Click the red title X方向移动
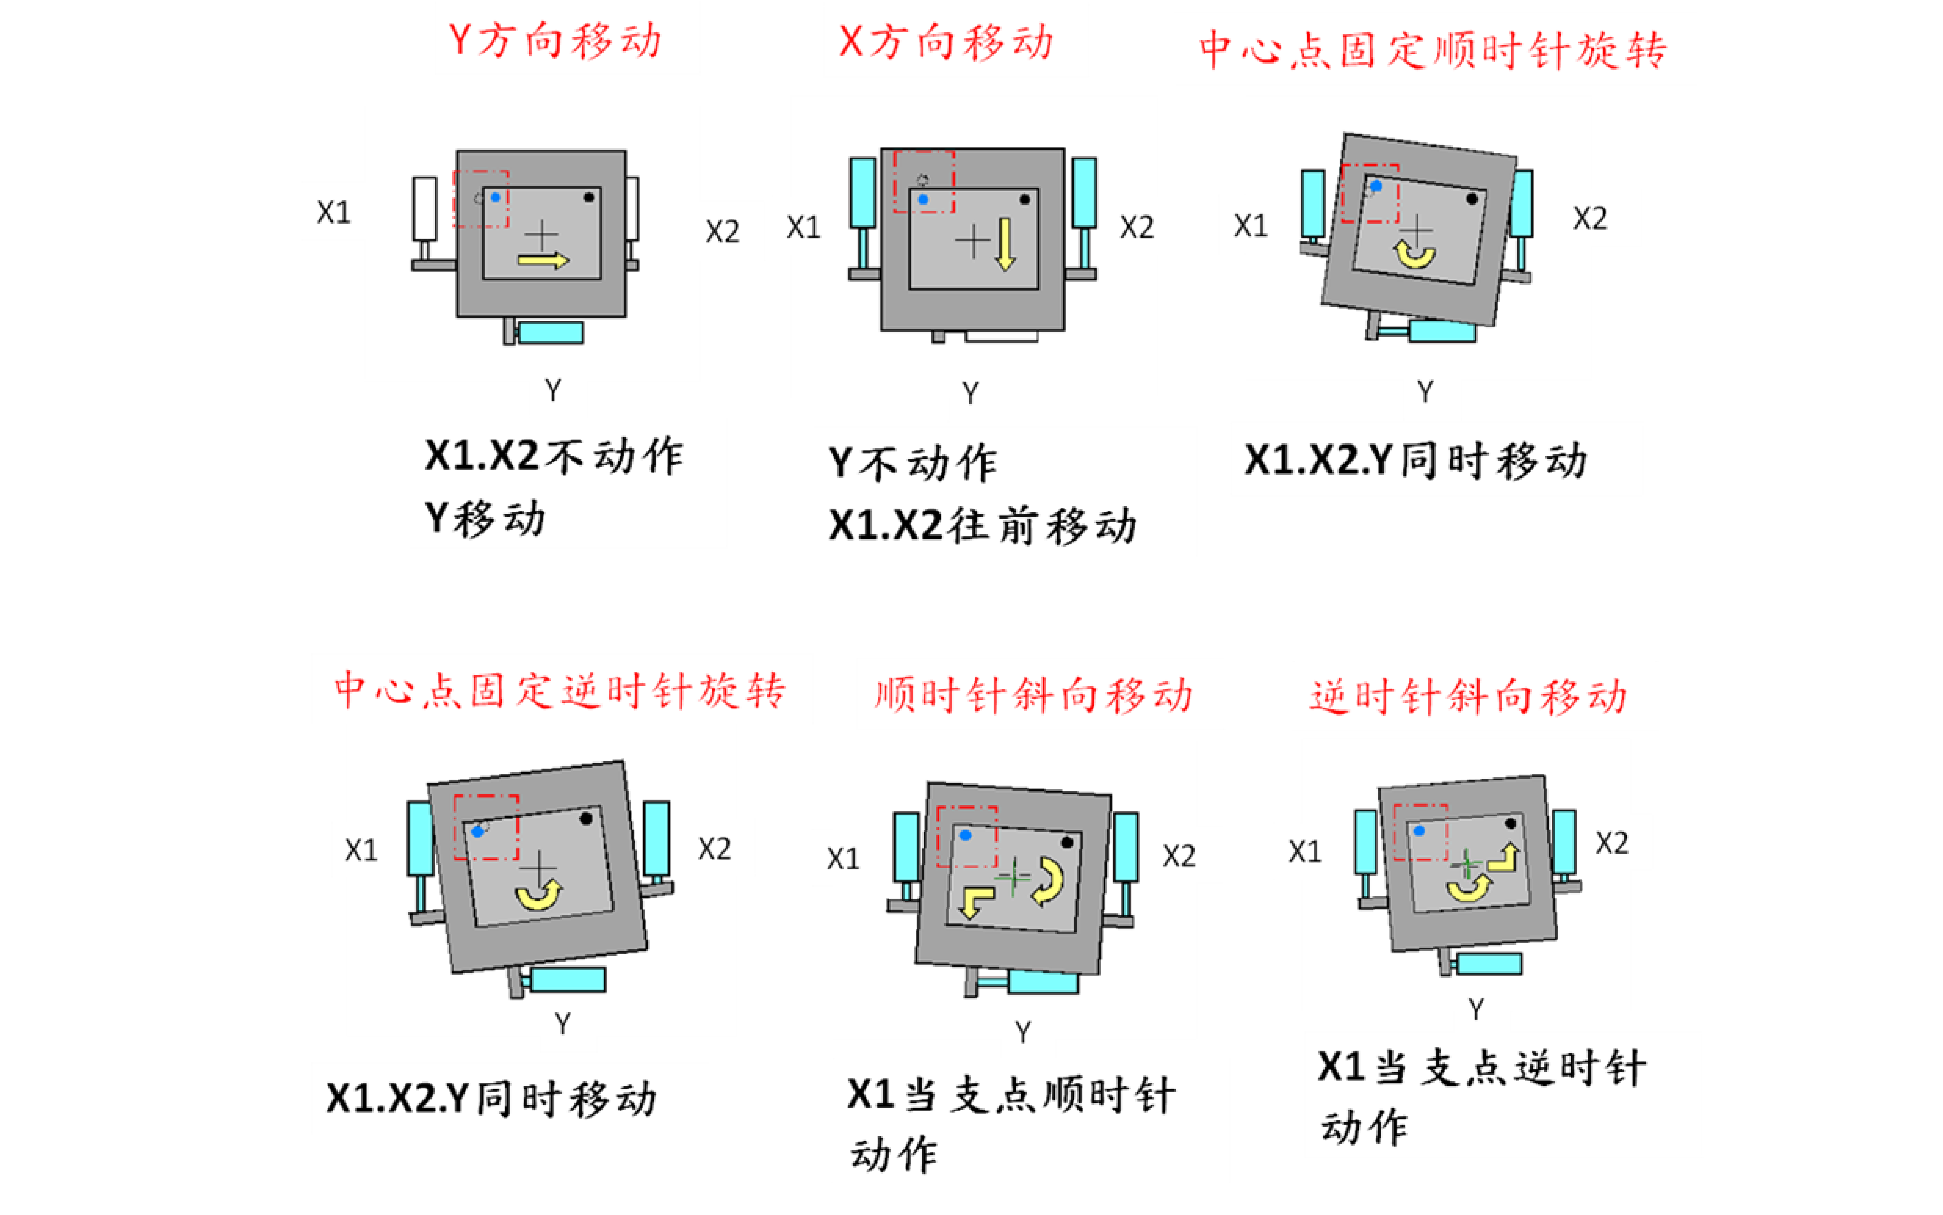(945, 42)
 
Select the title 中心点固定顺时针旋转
(1432, 50)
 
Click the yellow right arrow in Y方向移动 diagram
(543, 260)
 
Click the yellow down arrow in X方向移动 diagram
(1005, 244)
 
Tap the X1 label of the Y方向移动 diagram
(333, 213)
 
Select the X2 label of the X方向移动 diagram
(1137, 227)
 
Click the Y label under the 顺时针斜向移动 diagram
(1023, 1032)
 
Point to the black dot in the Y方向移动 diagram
(589, 197)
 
